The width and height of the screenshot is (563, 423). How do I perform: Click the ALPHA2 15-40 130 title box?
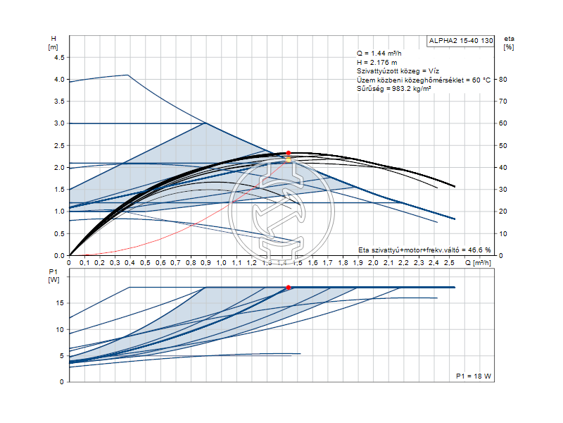(461, 41)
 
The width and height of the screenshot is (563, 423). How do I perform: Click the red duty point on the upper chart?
(288, 153)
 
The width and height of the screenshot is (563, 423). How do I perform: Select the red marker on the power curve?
(289, 288)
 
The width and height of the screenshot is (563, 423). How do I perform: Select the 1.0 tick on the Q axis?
(221, 263)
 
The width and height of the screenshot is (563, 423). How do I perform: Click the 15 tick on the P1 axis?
(61, 303)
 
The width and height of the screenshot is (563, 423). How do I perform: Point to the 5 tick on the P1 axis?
(63, 355)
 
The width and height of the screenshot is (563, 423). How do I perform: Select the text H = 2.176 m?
(377, 63)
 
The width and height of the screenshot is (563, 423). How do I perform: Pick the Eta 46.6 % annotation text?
(424, 250)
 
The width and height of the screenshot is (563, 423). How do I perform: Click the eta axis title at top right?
(509, 42)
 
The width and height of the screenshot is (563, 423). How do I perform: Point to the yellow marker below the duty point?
(288, 160)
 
